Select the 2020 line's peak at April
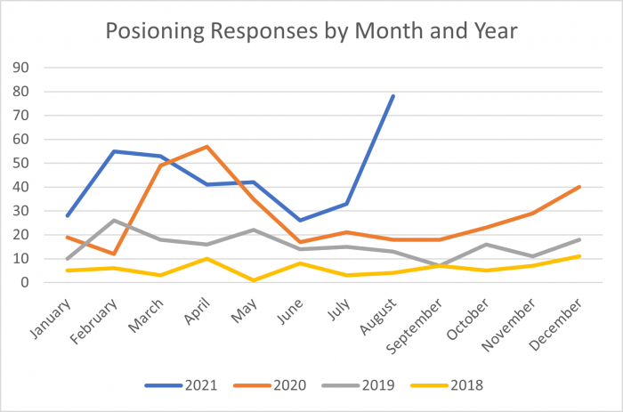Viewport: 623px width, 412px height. (207, 147)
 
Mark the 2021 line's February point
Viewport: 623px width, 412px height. (114, 151)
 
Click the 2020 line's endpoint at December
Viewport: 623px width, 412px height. (580, 187)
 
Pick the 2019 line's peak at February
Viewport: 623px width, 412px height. (114, 221)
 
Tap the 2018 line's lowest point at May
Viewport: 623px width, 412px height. (254, 280)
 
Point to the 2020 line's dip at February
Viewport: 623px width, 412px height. (114, 254)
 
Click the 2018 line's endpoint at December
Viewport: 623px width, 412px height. (580, 256)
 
